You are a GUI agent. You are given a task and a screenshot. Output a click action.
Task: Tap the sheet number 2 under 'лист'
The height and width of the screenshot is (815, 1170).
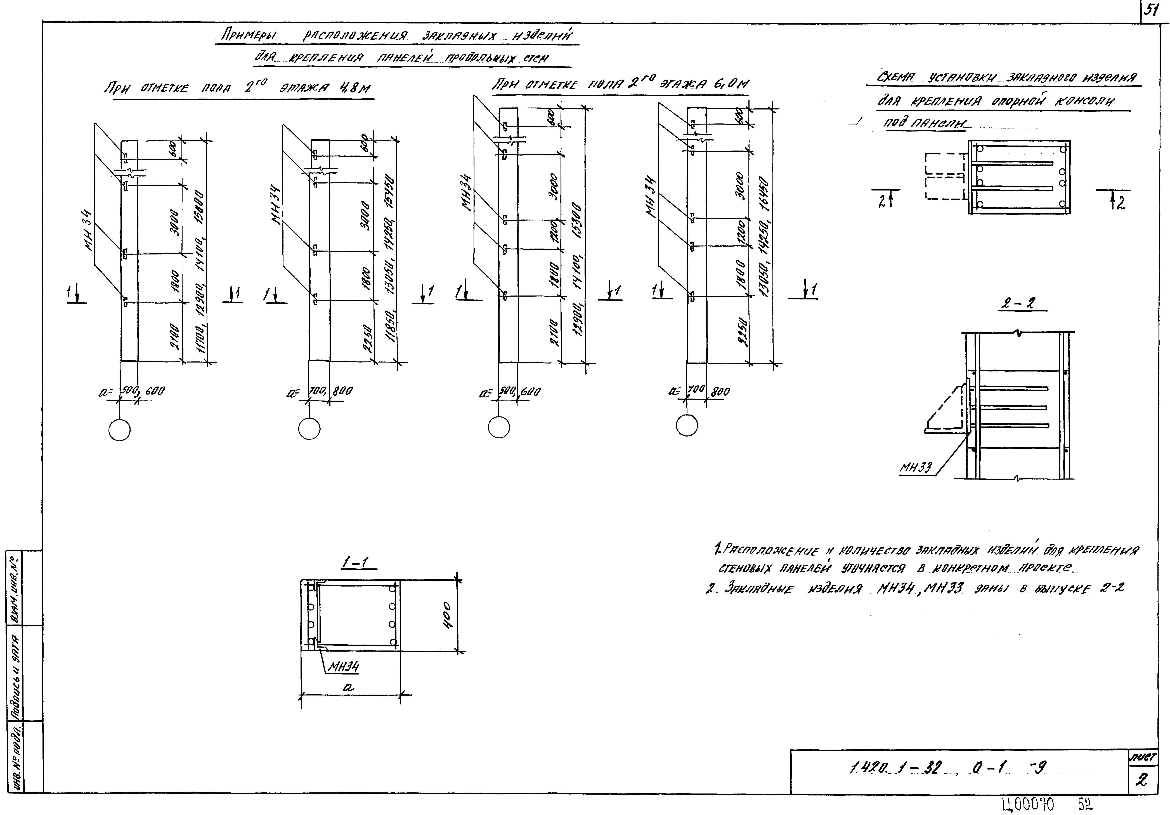(1142, 780)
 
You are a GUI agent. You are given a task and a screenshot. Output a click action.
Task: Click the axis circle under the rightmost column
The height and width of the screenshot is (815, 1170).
(687, 425)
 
